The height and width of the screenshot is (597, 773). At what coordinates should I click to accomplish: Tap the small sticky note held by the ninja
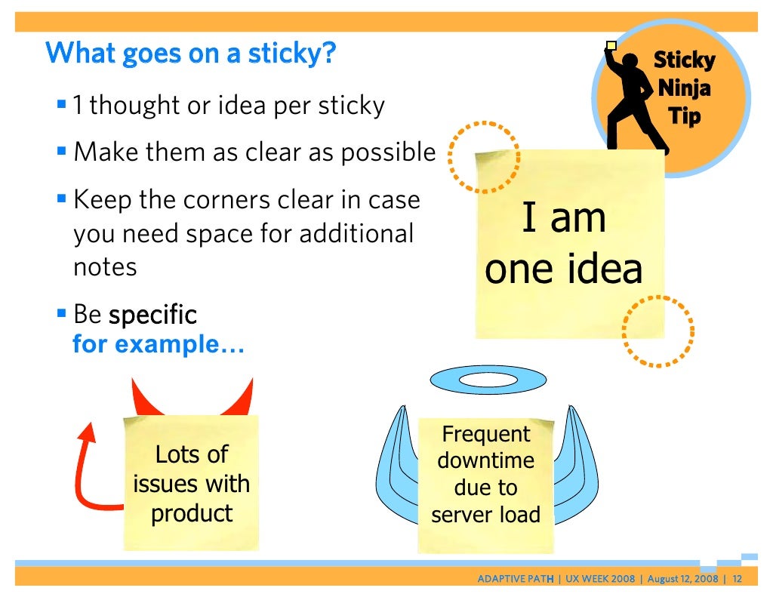tap(611, 46)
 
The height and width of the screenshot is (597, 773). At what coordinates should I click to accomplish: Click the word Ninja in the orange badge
tap(684, 88)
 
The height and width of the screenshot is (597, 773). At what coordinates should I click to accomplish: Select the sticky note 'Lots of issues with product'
tap(191, 483)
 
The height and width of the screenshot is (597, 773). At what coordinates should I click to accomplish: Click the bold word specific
tap(152, 315)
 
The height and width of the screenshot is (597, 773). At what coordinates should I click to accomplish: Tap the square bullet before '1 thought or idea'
tap(62, 102)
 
